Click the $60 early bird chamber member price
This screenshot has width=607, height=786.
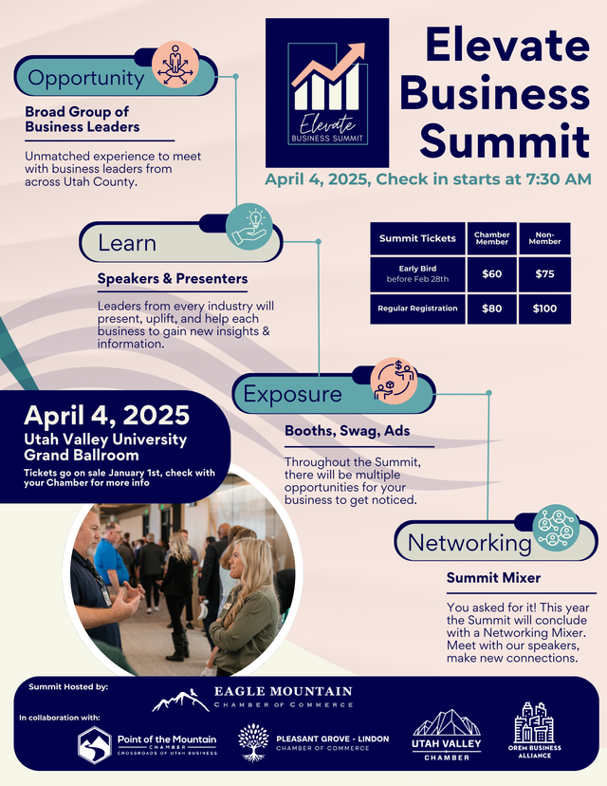[491, 274]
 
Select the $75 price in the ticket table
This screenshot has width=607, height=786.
[544, 274]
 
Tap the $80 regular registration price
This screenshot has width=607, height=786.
[491, 309]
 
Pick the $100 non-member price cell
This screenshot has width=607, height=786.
[544, 309]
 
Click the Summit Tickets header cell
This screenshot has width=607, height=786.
[417, 238]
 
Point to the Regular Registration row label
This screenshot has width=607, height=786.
[417, 309]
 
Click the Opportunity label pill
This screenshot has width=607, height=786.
[87, 78]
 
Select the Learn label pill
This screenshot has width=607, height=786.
[128, 243]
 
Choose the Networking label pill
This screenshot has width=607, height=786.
[456, 543]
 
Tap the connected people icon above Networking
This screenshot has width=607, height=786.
[557, 527]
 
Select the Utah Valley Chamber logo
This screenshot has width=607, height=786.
[447, 736]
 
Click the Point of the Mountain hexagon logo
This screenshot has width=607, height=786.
[95, 744]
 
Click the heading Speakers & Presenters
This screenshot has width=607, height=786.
[173, 279]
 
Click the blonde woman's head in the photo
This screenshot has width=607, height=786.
[236, 559]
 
